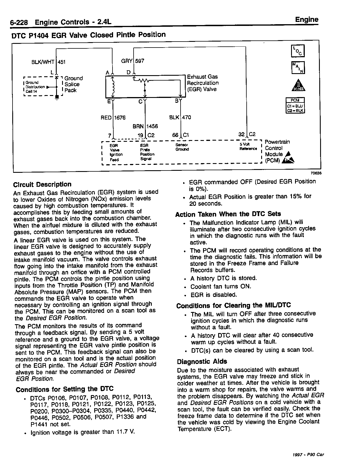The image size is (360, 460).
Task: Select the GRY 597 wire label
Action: (133, 61)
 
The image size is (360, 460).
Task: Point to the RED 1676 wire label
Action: (113, 118)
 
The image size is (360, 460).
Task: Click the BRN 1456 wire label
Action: (145, 126)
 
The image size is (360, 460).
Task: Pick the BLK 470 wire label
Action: (180, 117)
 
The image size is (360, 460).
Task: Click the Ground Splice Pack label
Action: (73, 84)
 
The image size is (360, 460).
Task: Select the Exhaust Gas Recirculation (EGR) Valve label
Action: (202, 83)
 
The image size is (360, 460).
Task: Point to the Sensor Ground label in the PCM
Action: (182, 147)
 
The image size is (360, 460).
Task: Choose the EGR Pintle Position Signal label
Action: (147, 152)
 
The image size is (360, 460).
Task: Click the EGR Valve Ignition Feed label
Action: (116, 152)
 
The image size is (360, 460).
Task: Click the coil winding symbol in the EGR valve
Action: (113, 87)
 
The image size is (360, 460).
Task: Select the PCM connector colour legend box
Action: (295, 105)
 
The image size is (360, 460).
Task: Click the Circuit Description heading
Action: (42, 184)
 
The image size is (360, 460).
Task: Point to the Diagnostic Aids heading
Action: (202, 362)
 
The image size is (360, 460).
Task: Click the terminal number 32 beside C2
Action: (242, 135)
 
